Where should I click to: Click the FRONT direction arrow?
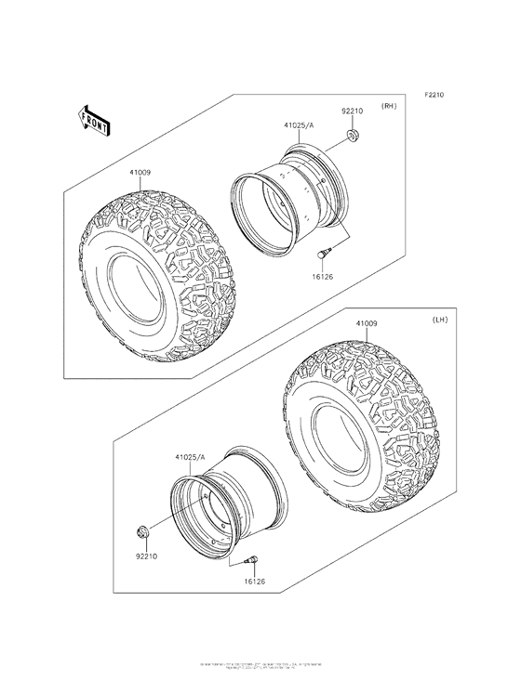pyautogui.click(x=93, y=119)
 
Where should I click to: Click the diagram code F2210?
pyautogui.click(x=437, y=95)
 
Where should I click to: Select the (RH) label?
pyautogui.click(x=389, y=108)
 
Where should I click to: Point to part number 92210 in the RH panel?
pyautogui.click(x=351, y=111)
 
